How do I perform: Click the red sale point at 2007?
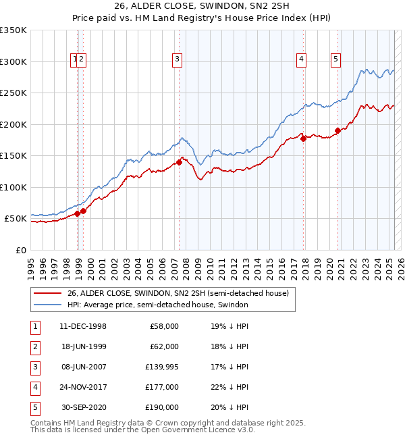point(180,162)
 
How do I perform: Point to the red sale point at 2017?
point(304,138)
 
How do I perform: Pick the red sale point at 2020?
point(337,130)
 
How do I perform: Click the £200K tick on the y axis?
point(13,124)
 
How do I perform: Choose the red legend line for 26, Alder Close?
point(47,293)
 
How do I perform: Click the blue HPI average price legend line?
point(47,305)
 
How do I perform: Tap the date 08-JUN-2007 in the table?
point(83,367)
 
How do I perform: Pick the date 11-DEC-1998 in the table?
point(83,326)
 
